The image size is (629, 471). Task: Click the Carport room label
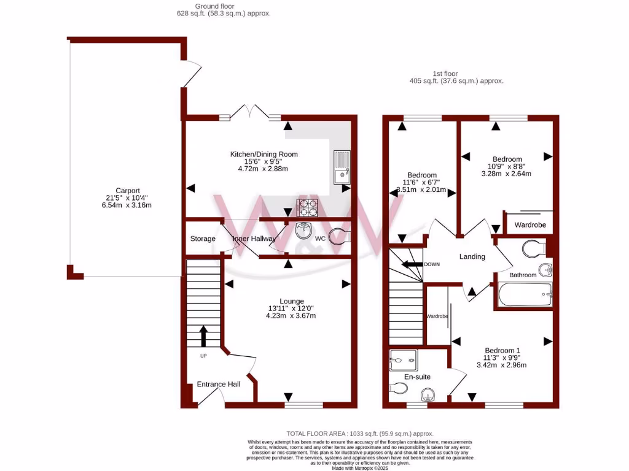pyautogui.click(x=128, y=190)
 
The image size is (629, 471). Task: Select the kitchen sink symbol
pyautogui.click(x=341, y=167)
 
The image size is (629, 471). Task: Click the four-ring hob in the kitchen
pyautogui.click(x=308, y=208)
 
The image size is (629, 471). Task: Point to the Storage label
pyautogui.click(x=203, y=239)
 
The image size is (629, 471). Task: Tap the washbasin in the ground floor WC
pyautogui.click(x=303, y=231)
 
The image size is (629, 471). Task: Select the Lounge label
pyautogui.click(x=292, y=301)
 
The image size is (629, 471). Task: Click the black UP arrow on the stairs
pyautogui.click(x=203, y=337)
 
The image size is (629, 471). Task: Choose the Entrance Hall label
pyautogui.click(x=218, y=385)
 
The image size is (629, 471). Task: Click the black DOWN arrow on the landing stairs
pyautogui.click(x=412, y=264)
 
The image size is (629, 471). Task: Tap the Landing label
pyautogui.click(x=472, y=256)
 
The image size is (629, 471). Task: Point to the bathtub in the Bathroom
pyautogui.click(x=525, y=295)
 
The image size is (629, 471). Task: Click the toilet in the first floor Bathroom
pyautogui.click(x=534, y=248)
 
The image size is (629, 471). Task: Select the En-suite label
pyautogui.click(x=417, y=377)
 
